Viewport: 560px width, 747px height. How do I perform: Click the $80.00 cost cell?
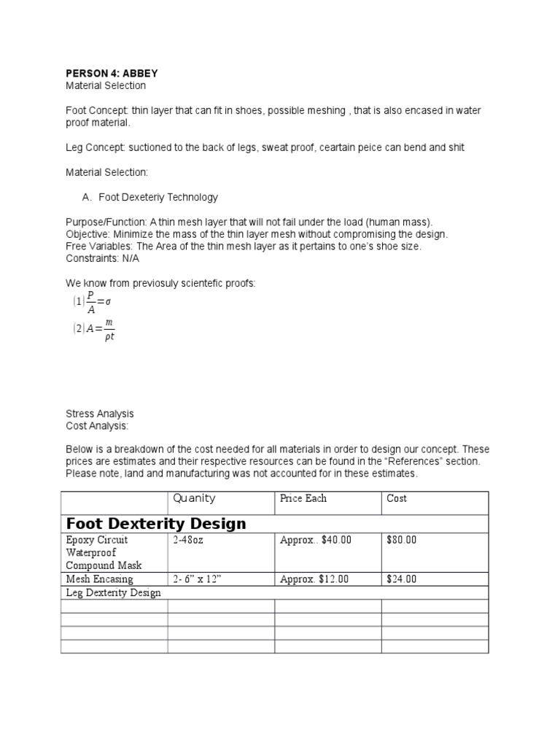click(x=401, y=541)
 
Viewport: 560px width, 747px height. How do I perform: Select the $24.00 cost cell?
click(x=401, y=579)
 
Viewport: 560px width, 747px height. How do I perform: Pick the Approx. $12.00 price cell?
click(x=314, y=579)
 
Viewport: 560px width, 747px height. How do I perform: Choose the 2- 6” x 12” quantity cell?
click(x=201, y=579)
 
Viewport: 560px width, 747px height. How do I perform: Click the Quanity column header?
click(x=194, y=498)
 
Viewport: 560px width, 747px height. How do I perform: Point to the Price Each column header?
click(x=303, y=498)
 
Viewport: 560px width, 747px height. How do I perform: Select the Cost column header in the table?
click(x=397, y=498)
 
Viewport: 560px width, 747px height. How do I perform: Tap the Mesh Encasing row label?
click(x=99, y=579)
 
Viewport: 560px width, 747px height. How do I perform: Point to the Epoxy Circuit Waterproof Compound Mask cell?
click(x=104, y=553)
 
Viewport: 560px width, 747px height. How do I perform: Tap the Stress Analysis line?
click(x=100, y=414)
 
